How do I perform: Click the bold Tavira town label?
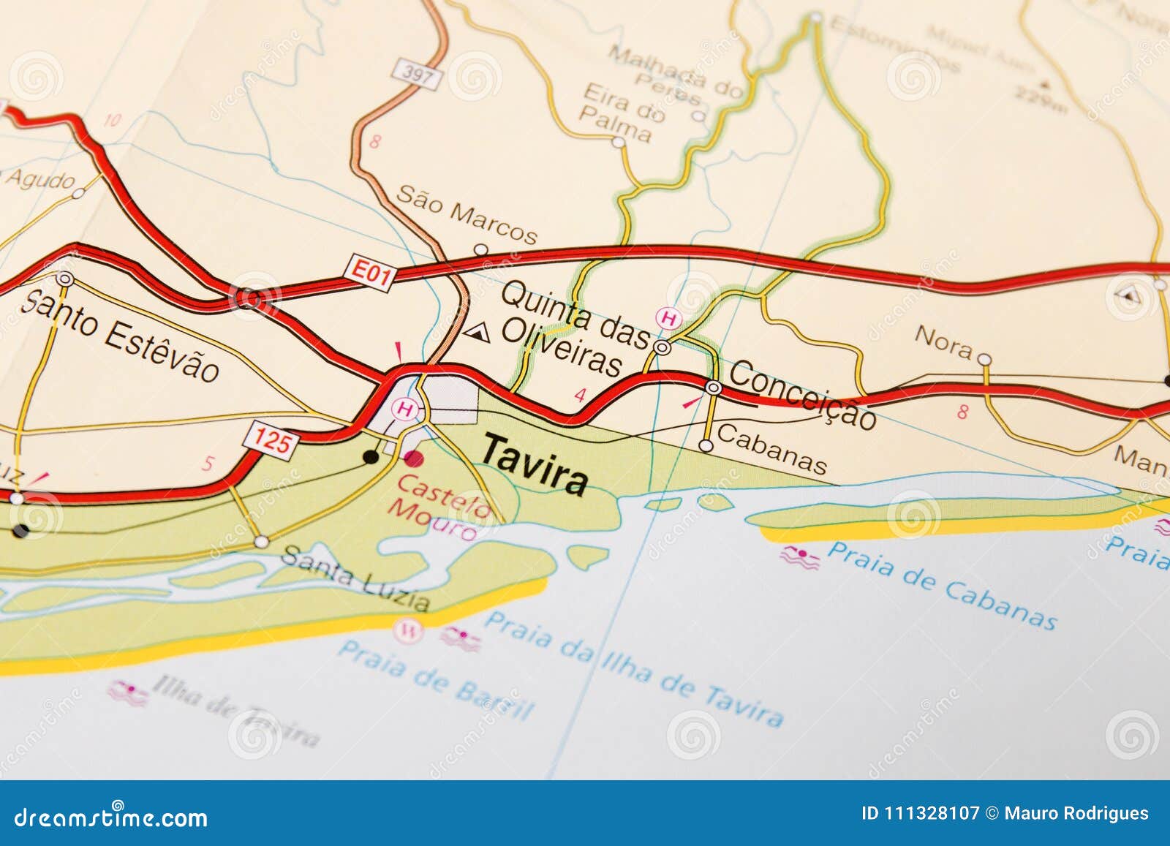[535, 464]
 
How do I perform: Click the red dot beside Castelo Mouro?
[414, 459]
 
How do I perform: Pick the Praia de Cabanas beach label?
[942, 585]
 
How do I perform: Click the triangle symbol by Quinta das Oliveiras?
[477, 333]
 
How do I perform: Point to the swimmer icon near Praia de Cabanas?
[800, 557]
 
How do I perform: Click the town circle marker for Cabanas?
[706, 445]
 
